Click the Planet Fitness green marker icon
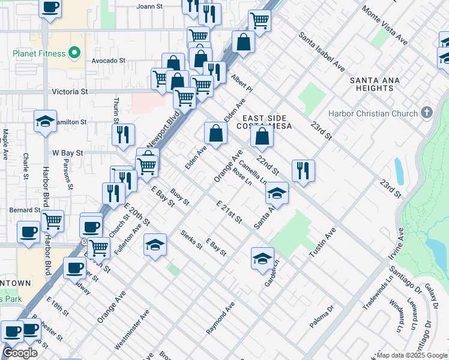pyautogui.click(x=74, y=53)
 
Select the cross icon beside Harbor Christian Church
pyautogui.click(x=427, y=113)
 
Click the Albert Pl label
pyautogui.click(x=242, y=85)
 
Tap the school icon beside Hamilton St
pyautogui.click(x=46, y=121)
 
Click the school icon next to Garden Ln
pyautogui.click(x=262, y=257)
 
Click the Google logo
pyautogui.click(x=20, y=353)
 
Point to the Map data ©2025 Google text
pyautogui.click(x=411, y=355)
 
